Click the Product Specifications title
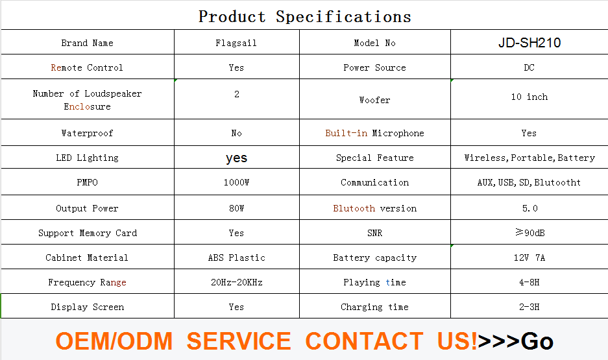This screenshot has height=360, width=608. pos(305,17)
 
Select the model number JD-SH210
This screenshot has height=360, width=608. pos(529,43)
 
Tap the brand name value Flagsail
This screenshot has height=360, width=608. pos(236,43)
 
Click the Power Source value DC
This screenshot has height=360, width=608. pos(529,67)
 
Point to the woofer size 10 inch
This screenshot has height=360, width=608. pos(529,97)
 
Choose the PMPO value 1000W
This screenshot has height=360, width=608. pos(236,182)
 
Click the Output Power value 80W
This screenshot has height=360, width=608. pos(236,208)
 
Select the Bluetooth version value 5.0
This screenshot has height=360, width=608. pos(529,208)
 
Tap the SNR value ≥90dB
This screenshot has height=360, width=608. pos(529,233)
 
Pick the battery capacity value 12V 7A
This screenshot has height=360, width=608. pos(529,258)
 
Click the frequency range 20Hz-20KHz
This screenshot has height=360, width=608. pos(237,283)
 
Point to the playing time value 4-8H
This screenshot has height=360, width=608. pos(529,283)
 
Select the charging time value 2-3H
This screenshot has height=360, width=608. pos(529,307)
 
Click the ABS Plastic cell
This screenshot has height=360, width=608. pos(237,258)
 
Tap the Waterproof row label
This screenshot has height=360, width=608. pos(87,134)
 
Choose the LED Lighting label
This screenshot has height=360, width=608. pos(87,158)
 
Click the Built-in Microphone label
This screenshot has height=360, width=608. pos(374,134)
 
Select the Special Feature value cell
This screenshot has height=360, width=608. pos(529,158)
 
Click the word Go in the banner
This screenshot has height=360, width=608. pos(537,341)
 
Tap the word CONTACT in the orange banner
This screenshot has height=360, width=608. pos(364,341)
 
